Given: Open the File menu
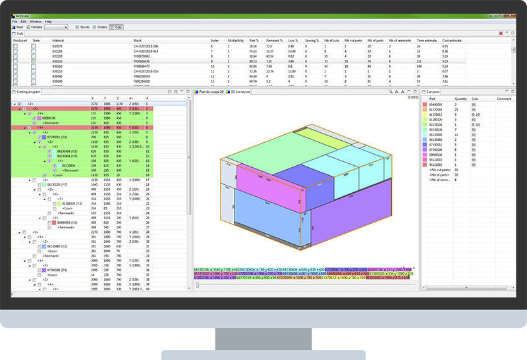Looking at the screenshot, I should [14, 22].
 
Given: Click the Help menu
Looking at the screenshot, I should [48, 22].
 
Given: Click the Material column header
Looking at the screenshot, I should [58, 40].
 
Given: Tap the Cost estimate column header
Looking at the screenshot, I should [452, 40].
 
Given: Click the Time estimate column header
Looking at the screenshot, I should [426, 40].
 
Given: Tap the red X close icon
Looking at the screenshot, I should [501, 33].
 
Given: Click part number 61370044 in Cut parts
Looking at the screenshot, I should [436, 109].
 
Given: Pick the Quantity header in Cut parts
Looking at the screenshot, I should [460, 98].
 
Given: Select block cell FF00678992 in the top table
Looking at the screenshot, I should [143, 56].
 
